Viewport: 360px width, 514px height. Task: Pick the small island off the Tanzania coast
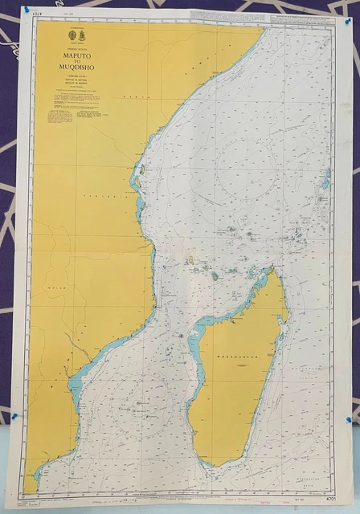tap(141, 171)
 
